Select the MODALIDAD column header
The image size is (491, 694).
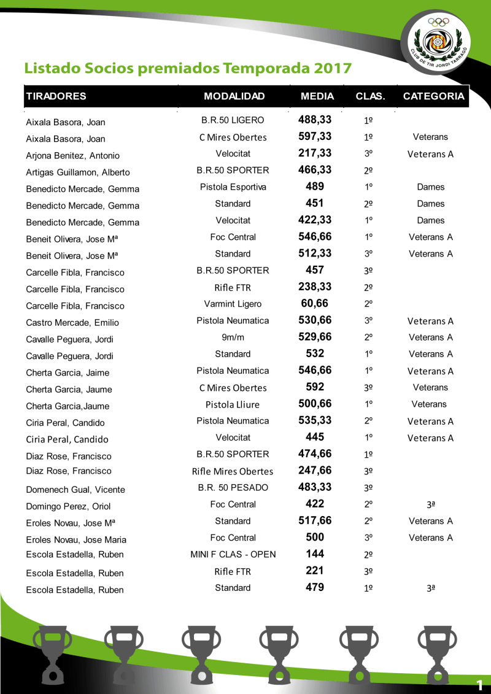pos(234,96)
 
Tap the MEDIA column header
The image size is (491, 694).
pos(317,96)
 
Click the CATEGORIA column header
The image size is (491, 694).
pos(433,96)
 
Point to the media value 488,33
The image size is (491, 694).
pos(315,119)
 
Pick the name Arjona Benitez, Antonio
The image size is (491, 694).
pos(72,156)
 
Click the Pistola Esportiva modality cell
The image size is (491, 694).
pos(233,187)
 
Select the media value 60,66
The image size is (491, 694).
pos(315,303)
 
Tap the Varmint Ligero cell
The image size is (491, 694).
pos(233,304)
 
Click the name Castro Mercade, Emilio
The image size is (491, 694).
pos(72,323)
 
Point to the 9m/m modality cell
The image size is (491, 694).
pos(233,337)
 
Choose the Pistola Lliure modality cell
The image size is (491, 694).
pos(233,404)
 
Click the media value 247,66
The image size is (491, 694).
pos(315,471)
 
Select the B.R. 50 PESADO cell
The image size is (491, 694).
pos(233,488)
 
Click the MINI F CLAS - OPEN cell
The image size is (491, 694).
pos(233,555)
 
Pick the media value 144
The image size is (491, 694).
pos(315,554)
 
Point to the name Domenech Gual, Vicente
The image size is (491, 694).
pos(75,490)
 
